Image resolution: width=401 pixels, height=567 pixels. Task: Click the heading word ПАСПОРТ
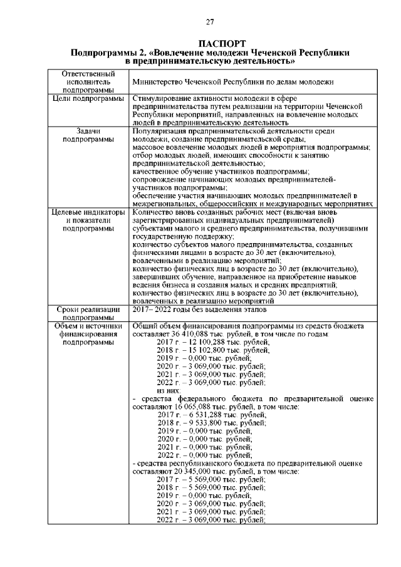click(211, 43)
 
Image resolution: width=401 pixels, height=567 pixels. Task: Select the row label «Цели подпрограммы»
click(87, 100)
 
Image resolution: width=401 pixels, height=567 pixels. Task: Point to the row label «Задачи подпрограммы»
click(87, 135)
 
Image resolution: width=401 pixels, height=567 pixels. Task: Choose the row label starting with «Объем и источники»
click(87, 334)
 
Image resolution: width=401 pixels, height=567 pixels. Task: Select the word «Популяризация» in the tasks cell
click(160, 131)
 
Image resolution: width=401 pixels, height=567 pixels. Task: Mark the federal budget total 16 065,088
click(191, 407)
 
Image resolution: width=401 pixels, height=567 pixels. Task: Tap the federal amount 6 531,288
click(201, 415)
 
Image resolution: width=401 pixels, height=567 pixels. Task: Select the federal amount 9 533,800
click(201, 423)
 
